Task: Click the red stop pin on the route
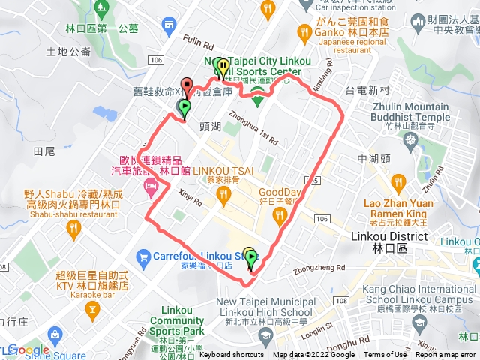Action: click(186, 85)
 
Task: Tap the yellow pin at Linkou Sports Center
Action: click(223, 67)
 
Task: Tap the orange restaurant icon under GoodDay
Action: click(280, 216)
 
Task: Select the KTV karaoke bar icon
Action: click(92, 308)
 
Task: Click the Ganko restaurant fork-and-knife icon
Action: click(304, 31)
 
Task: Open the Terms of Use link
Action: click(383, 355)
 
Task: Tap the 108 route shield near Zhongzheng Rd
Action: click(341, 280)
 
